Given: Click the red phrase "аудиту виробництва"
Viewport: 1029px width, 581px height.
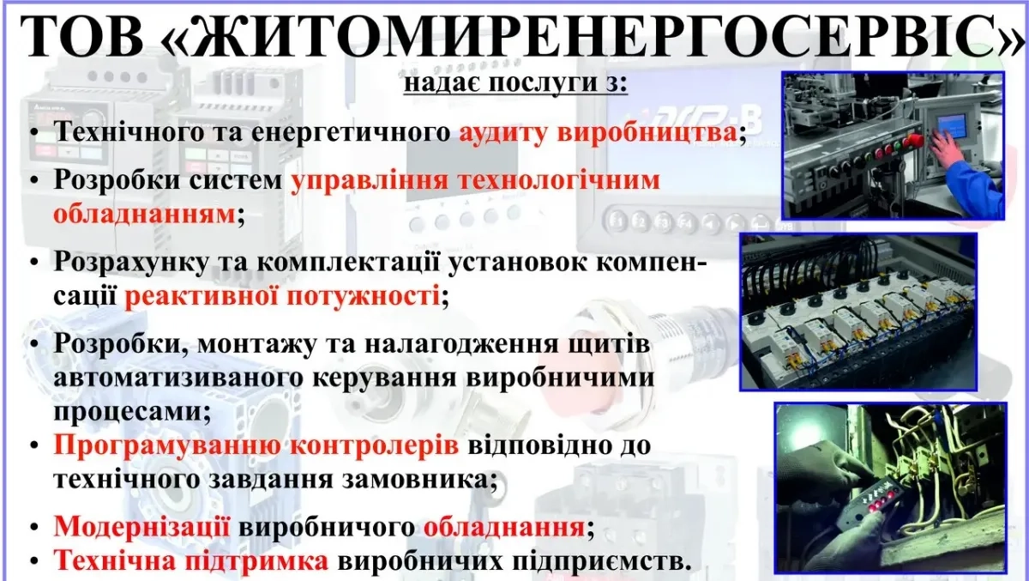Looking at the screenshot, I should (x=596, y=133).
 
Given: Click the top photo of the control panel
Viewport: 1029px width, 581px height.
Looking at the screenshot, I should (x=892, y=146).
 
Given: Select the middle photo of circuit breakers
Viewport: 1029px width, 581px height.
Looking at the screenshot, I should (x=857, y=312).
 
